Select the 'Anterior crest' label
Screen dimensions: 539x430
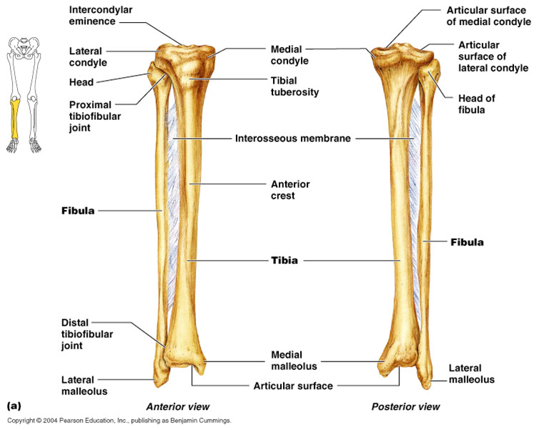pos(290,189)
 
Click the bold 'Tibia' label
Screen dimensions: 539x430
pos(284,261)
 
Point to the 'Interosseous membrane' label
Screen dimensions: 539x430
pos(292,138)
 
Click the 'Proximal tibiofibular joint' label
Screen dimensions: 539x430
pos(91,116)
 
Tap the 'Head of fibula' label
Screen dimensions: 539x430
pos(476,104)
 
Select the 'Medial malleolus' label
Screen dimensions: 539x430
pos(287,361)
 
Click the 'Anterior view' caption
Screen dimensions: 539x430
pos(172,406)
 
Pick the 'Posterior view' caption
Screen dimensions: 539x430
pos(406,406)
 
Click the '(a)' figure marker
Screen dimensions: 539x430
pos(14,405)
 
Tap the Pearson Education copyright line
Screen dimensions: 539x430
pos(118,421)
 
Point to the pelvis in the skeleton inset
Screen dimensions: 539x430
pos(25,47)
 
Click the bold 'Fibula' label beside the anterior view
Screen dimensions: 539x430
pos(77,211)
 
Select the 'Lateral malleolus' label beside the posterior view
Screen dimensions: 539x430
pos(471,374)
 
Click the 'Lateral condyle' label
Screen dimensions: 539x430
pos(88,57)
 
